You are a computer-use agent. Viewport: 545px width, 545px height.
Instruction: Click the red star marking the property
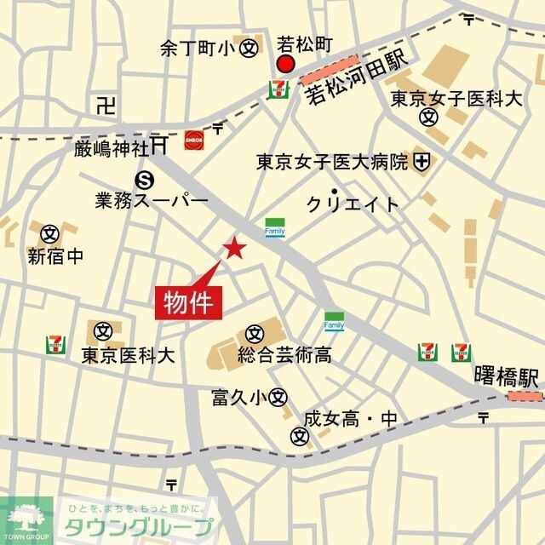point(233,248)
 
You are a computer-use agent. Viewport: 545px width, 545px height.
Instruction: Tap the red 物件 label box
point(189,302)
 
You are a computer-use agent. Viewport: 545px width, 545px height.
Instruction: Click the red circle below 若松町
point(285,65)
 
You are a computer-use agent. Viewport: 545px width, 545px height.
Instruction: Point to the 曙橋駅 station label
point(507,376)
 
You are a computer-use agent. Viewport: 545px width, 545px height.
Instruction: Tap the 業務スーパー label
point(152,201)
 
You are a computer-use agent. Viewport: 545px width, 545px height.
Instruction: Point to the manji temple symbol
point(106,106)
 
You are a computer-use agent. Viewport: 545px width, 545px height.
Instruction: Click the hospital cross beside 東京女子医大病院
point(422,159)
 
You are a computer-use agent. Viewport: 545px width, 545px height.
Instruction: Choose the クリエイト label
point(352,204)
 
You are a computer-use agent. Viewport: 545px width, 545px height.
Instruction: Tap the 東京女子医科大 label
point(456,99)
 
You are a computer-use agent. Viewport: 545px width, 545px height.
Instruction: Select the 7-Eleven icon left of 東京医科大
point(55,344)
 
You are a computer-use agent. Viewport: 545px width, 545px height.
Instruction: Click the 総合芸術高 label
point(272,354)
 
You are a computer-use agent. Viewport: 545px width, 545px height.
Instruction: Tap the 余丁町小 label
point(197,49)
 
